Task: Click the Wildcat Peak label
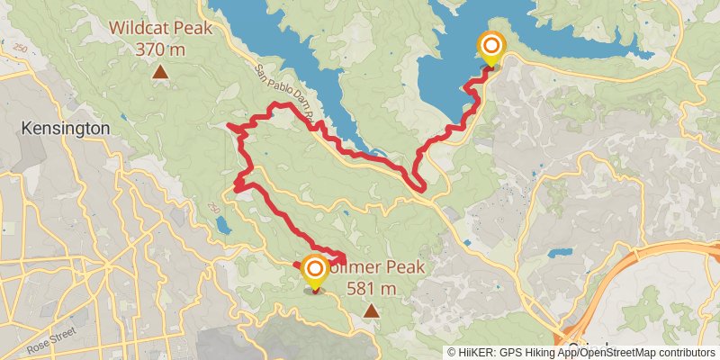pyautogui.click(x=162, y=28)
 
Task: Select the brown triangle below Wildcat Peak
pyautogui.click(x=160, y=71)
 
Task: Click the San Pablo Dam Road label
pyautogui.click(x=283, y=90)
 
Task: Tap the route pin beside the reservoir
pyautogui.click(x=491, y=49)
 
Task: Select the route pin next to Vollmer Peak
pyautogui.click(x=314, y=274)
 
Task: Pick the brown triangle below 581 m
pyautogui.click(x=371, y=310)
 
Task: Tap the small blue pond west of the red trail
pyautogui.click(x=223, y=224)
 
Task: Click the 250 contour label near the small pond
pyautogui.click(x=213, y=207)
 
